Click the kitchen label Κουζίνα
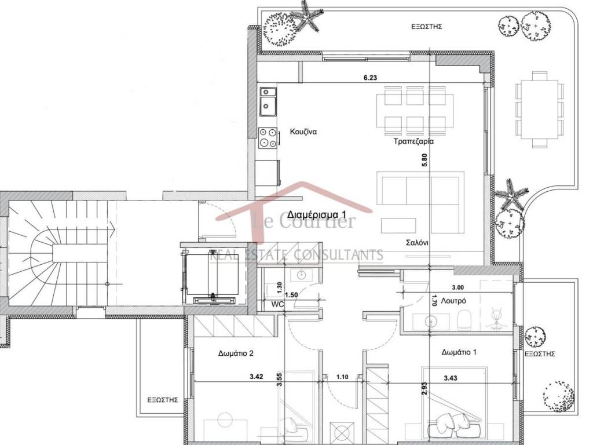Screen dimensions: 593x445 click(303, 132)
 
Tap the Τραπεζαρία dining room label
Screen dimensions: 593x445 click(413, 141)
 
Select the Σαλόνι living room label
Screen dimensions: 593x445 click(417, 243)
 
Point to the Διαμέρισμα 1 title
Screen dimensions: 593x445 click(317, 214)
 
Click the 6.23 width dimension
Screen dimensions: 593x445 click(370, 78)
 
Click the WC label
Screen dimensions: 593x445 click(277, 304)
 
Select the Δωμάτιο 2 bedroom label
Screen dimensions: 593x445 click(236, 353)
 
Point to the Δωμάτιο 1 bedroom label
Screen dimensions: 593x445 click(459, 352)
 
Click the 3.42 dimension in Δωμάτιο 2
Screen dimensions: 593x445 click(256, 377)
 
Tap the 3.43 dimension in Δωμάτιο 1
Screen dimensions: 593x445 click(451, 377)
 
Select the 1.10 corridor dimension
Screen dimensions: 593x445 click(342, 377)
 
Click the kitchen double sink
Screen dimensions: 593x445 click(268, 102)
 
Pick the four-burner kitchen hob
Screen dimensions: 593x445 click(267, 138)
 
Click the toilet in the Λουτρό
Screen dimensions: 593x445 click(464, 319)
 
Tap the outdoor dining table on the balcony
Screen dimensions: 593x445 click(539, 110)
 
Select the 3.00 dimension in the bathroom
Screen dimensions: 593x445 click(457, 287)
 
